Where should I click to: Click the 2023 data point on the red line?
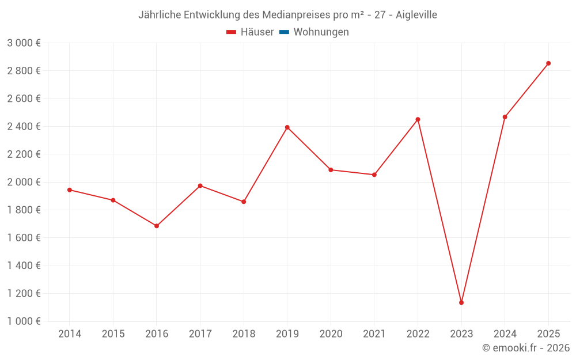(461, 302)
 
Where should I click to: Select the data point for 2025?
(548, 63)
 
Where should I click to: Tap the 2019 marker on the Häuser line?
(287, 127)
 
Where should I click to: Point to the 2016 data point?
(157, 226)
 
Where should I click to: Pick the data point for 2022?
(418, 119)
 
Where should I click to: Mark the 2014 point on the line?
(70, 190)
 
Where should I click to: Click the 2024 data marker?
(505, 117)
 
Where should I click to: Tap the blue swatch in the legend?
(284, 32)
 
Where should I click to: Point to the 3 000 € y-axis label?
(24, 43)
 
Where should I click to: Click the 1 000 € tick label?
(24, 321)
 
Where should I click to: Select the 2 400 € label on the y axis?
(24, 126)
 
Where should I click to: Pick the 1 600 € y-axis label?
(24, 238)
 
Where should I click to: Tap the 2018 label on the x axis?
(244, 334)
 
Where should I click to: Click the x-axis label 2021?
(374, 334)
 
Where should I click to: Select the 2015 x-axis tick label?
(113, 334)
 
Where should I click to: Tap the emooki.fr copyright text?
(526, 348)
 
